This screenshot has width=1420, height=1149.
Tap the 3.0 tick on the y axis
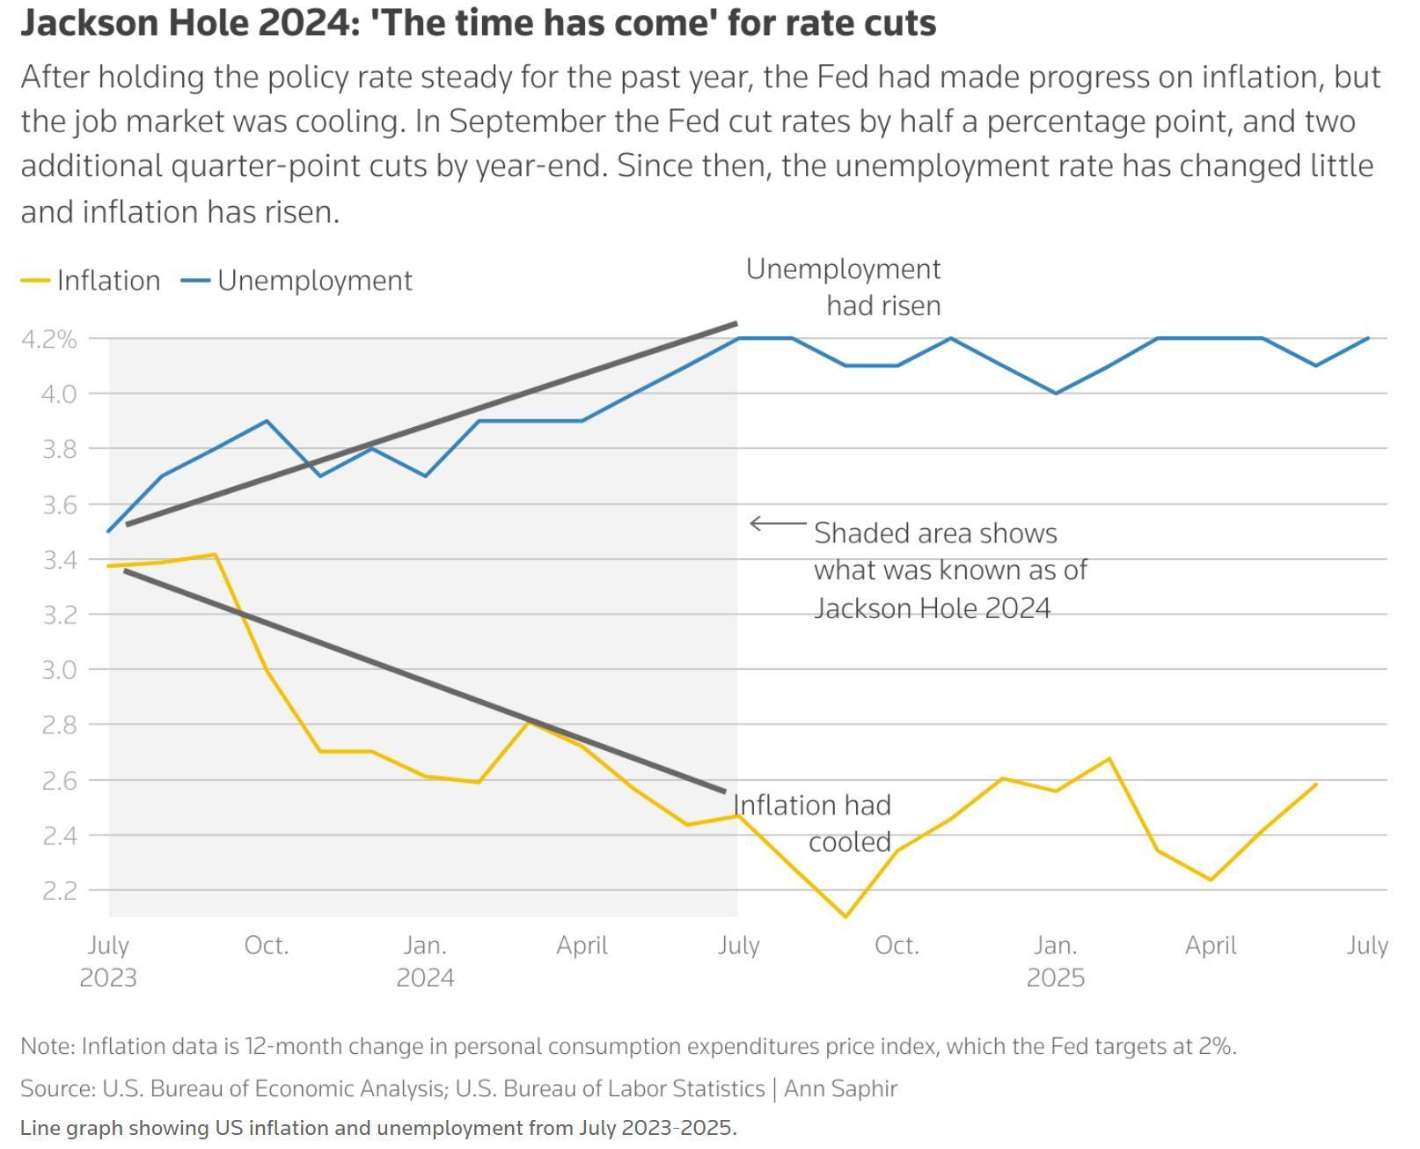(59, 670)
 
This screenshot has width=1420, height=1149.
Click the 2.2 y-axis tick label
(59, 890)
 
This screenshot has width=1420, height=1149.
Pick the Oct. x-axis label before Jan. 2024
(267, 946)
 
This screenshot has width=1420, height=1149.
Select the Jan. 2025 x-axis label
(1055, 961)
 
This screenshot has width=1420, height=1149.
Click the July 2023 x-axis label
(108, 961)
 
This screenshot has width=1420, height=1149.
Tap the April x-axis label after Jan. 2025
(1211, 946)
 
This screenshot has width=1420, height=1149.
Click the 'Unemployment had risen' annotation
(844, 287)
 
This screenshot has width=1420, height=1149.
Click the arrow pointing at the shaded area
(778, 524)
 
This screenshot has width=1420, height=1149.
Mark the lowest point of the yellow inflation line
(845, 917)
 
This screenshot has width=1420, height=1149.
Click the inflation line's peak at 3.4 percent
(215, 555)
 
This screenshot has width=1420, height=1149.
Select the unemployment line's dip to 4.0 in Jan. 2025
(1056, 394)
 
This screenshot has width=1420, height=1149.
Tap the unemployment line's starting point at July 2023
(109, 531)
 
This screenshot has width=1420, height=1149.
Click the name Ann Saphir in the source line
(840, 1089)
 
